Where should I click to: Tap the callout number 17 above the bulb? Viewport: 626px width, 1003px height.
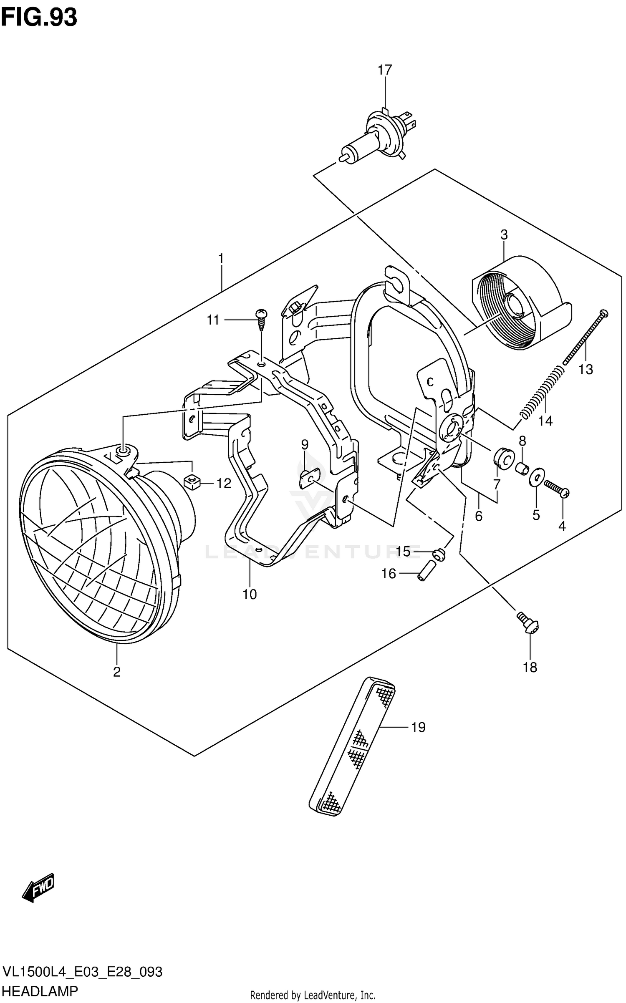[x=385, y=70]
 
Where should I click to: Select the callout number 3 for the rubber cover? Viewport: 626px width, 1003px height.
[x=504, y=235]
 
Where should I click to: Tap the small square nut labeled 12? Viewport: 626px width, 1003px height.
[x=192, y=483]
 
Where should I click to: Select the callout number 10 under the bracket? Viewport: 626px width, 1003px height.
[x=250, y=594]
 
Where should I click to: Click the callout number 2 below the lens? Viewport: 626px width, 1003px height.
[x=116, y=671]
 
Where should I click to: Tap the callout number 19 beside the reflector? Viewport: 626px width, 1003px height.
[x=418, y=727]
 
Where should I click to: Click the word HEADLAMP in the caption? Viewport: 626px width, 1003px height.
[x=40, y=991]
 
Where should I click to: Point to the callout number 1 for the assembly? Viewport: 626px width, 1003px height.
[x=221, y=258]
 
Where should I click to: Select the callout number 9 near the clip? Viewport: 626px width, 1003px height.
[x=305, y=445]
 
